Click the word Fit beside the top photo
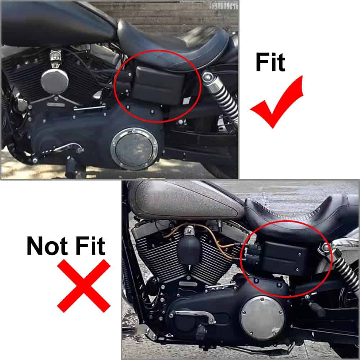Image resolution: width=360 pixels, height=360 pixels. (270, 62)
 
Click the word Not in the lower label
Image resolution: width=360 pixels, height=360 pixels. (47, 246)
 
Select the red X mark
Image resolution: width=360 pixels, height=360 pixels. (84, 286)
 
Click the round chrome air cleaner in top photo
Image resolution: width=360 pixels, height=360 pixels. (55, 81)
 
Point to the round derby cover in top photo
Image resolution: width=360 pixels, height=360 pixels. (134, 149)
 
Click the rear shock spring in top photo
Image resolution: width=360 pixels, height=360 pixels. (223, 99)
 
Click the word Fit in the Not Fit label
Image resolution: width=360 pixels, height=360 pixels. (90, 246)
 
